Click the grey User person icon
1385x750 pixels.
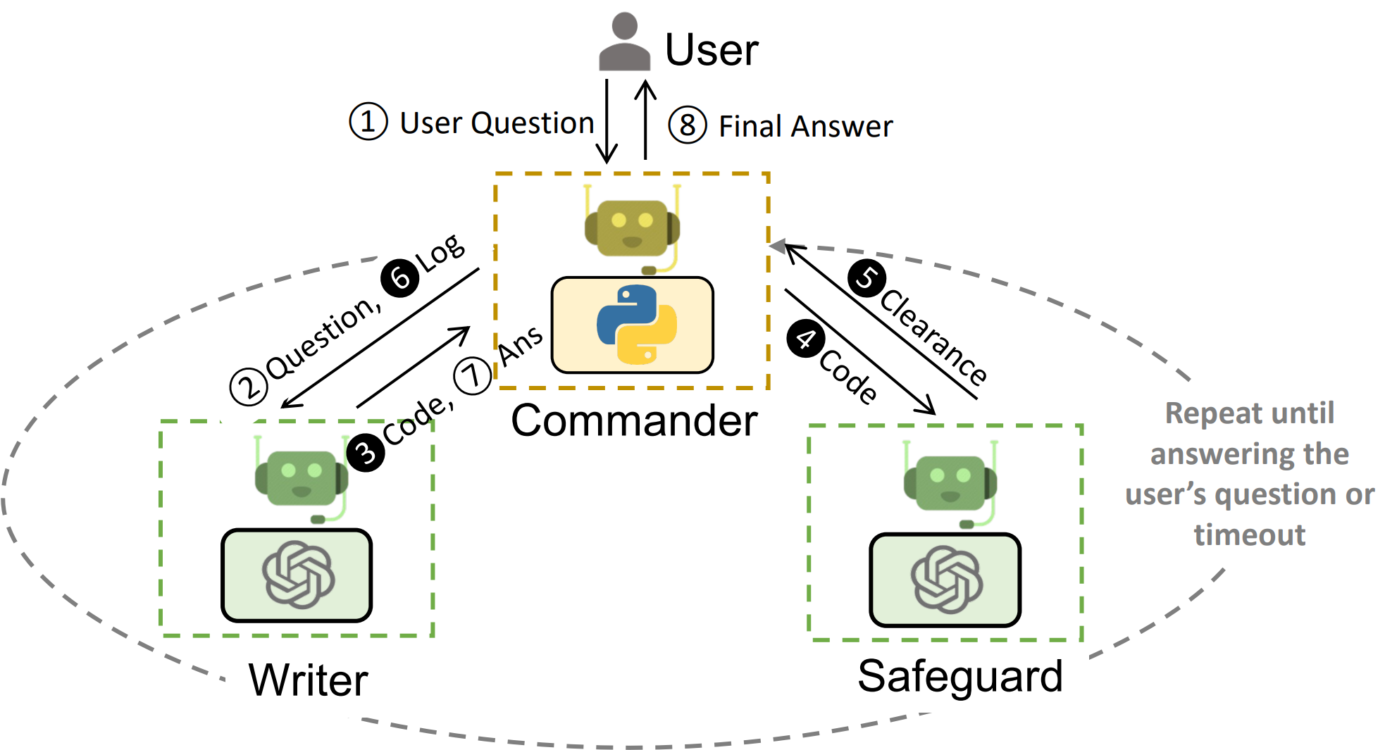coord(624,42)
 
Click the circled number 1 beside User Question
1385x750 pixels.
coord(368,121)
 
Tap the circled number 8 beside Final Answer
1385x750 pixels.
coord(687,125)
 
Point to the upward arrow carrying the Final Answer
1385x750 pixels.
coord(645,120)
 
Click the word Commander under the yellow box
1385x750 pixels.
coord(634,421)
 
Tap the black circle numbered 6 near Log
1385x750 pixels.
coord(400,277)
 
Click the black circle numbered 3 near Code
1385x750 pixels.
coord(366,452)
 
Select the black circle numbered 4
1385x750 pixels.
coord(806,339)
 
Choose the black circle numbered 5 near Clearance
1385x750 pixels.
coord(867,278)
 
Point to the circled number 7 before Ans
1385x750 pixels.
coord(472,375)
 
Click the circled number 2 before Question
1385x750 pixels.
coord(249,387)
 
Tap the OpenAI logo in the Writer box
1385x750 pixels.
coord(298,575)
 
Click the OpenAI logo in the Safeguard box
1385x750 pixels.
coord(946,580)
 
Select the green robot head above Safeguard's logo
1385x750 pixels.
coord(950,483)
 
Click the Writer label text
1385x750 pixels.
coord(309,680)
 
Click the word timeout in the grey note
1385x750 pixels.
coord(1250,535)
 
